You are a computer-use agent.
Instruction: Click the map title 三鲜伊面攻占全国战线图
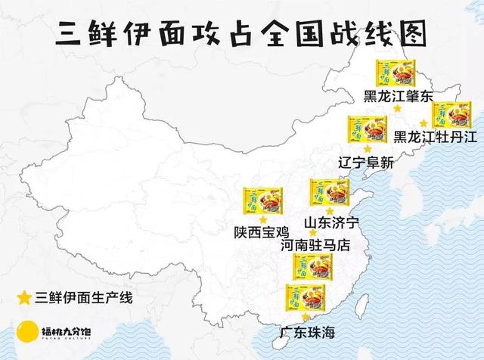241,34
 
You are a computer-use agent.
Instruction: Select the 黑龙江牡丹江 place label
436,137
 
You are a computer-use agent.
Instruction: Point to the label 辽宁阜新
366,162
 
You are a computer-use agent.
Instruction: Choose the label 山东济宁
330,222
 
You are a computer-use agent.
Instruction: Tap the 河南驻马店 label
316,245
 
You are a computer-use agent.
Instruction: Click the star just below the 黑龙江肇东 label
397,109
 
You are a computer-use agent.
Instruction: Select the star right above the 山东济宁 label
329,210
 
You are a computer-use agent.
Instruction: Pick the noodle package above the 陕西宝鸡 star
256,200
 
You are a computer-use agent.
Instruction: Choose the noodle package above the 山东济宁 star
323,192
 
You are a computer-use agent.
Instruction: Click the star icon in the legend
24,296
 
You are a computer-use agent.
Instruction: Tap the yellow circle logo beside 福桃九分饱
27,331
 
